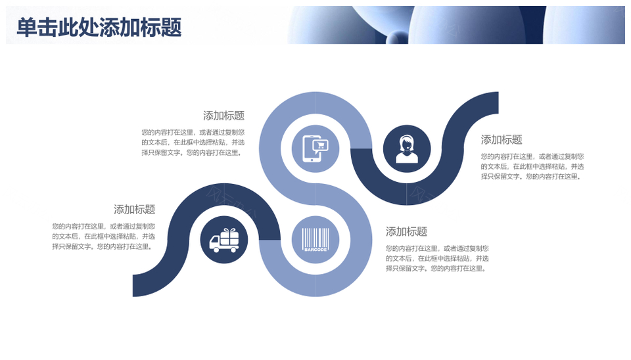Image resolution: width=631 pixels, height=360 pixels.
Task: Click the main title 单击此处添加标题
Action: tap(99, 28)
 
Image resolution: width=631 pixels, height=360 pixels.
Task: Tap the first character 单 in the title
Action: tap(26, 28)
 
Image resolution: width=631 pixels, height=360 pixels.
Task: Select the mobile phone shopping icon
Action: tap(315, 149)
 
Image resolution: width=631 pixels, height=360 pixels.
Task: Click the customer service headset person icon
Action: tap(407, 149)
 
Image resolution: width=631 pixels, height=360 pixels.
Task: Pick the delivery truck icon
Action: tap(224, 240)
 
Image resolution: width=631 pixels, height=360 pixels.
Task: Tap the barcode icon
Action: tap(315, 240)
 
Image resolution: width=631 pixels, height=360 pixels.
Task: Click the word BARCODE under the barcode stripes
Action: tap(315, 250)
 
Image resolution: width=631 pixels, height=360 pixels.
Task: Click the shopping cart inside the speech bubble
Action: tap(320, 145)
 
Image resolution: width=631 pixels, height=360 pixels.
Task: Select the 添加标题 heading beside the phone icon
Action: tap(223, 116)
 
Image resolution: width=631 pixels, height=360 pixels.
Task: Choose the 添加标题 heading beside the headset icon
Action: tap(502, 139)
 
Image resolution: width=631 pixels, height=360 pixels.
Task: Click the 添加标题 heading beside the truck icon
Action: tap(134, 210)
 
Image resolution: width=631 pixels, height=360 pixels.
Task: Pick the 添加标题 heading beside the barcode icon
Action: tap(406, 232)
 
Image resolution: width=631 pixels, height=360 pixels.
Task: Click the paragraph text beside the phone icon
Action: tap(193, 143)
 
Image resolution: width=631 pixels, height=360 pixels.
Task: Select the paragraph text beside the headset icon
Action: tap(532, 166)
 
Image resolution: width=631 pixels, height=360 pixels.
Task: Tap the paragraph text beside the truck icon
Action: tap(103, 236)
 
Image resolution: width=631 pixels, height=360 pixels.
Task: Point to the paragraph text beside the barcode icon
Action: tap(437, 258)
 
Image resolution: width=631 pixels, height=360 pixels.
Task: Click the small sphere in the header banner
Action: tap(398, 38)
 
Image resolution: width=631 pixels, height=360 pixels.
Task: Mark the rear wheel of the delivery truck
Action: tap(233, 250)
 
